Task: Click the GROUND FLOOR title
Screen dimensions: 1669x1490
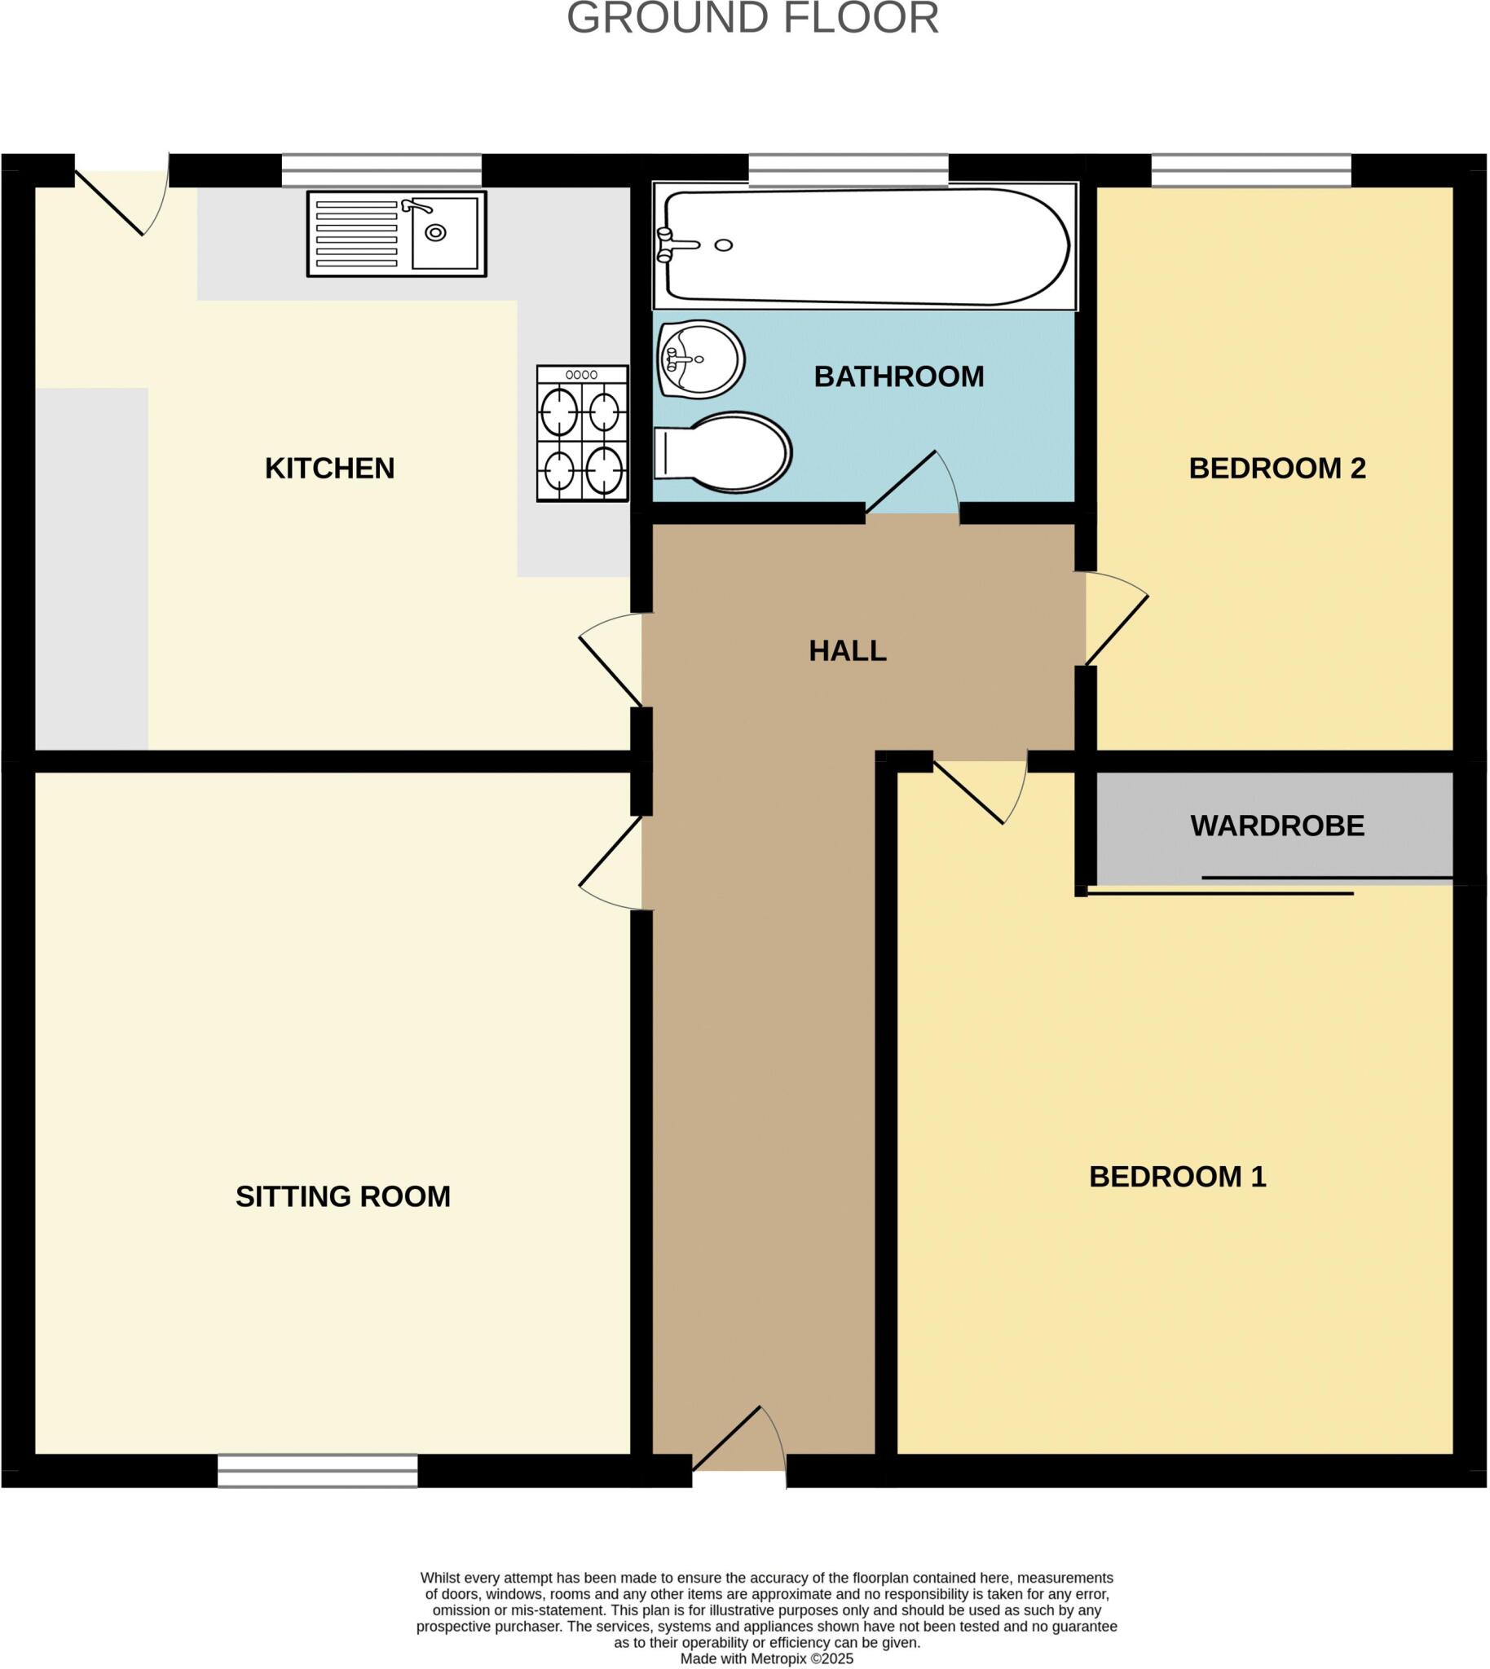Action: [x=752, y=18]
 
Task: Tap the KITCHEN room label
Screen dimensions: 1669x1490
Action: [x=330, y=469]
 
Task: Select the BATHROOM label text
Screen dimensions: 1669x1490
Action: [x=899, y=377]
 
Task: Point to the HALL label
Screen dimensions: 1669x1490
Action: [x=848, y=651]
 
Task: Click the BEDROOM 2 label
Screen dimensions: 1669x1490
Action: [x=1277, y=469]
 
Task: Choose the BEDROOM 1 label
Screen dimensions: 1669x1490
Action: [x=1177, y=1177]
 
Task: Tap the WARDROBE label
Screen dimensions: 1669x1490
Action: [x=1277, y=826]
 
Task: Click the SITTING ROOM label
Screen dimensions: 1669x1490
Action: [x=343, y=1196]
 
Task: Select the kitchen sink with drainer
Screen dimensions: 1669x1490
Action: [x=397, y=234]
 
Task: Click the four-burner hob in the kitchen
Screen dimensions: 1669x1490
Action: [x=582, y=433]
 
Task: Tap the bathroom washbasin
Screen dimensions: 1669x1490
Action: [x=701, y=359]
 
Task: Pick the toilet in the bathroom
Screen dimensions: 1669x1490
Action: [x=724, y=451]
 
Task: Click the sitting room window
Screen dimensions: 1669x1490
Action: [x=318, y=1471]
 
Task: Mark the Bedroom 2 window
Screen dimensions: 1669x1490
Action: [x=1251, y=170]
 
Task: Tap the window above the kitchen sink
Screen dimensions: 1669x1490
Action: [x=381, y=170]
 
